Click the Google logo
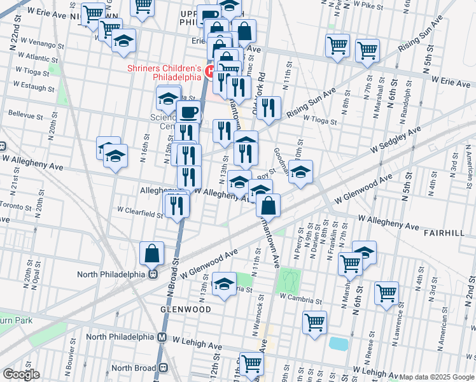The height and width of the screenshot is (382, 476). [x=21, y=374]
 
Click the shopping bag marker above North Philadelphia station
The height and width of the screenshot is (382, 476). [x=153, y=254]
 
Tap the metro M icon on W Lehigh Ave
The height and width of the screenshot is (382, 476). [x=162, y=337]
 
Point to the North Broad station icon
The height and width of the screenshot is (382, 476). [x=164, y=367]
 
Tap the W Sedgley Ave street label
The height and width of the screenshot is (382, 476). [x=396, y=139]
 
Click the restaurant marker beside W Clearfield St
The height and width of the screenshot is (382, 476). [x=176, y=205]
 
